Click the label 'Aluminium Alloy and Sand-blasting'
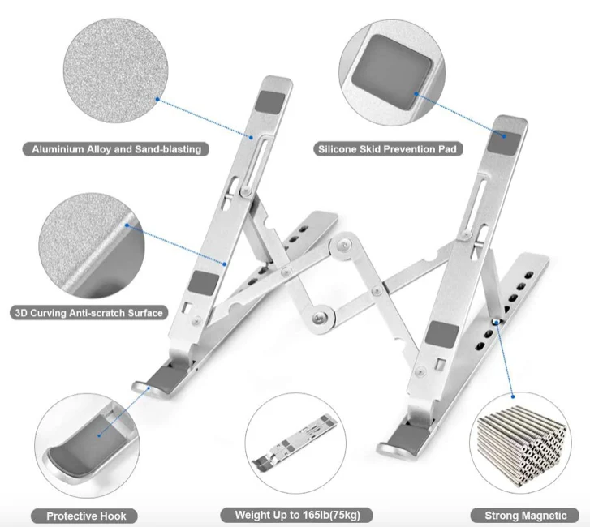[116, 149]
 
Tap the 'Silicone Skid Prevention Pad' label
[389, 149]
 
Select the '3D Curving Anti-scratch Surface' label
[89, 312]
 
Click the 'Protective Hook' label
[87, 516]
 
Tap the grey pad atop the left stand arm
[267, 104]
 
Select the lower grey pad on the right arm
[442, 332]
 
